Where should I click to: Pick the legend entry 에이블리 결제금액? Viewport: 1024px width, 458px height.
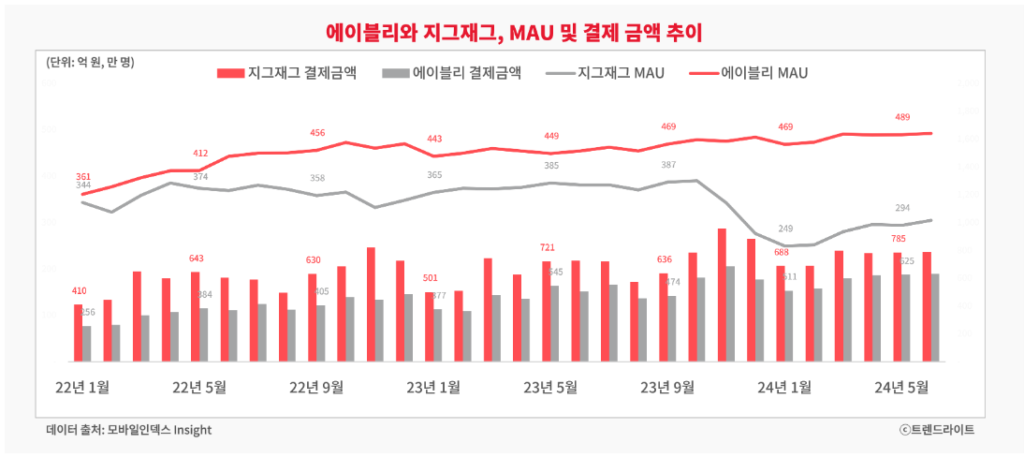[453, 73]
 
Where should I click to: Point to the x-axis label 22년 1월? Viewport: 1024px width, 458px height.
[82, 387]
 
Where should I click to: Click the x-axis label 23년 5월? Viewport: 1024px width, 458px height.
[550, 387]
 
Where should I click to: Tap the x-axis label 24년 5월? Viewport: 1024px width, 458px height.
[900, 387]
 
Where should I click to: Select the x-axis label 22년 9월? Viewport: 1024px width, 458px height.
[316, 387]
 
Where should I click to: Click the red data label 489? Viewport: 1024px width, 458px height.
[902, 117]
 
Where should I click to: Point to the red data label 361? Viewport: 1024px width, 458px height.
[83, 176]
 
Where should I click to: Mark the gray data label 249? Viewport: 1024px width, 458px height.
[785, 229]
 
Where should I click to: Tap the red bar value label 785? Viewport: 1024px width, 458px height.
[897, 238]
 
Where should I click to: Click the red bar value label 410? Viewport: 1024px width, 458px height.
[79, 290]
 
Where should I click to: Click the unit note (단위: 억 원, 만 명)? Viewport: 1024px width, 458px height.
[90, 63]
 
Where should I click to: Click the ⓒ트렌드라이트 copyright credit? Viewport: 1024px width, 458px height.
[936, 430]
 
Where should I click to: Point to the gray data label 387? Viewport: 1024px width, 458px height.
[667, 165]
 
